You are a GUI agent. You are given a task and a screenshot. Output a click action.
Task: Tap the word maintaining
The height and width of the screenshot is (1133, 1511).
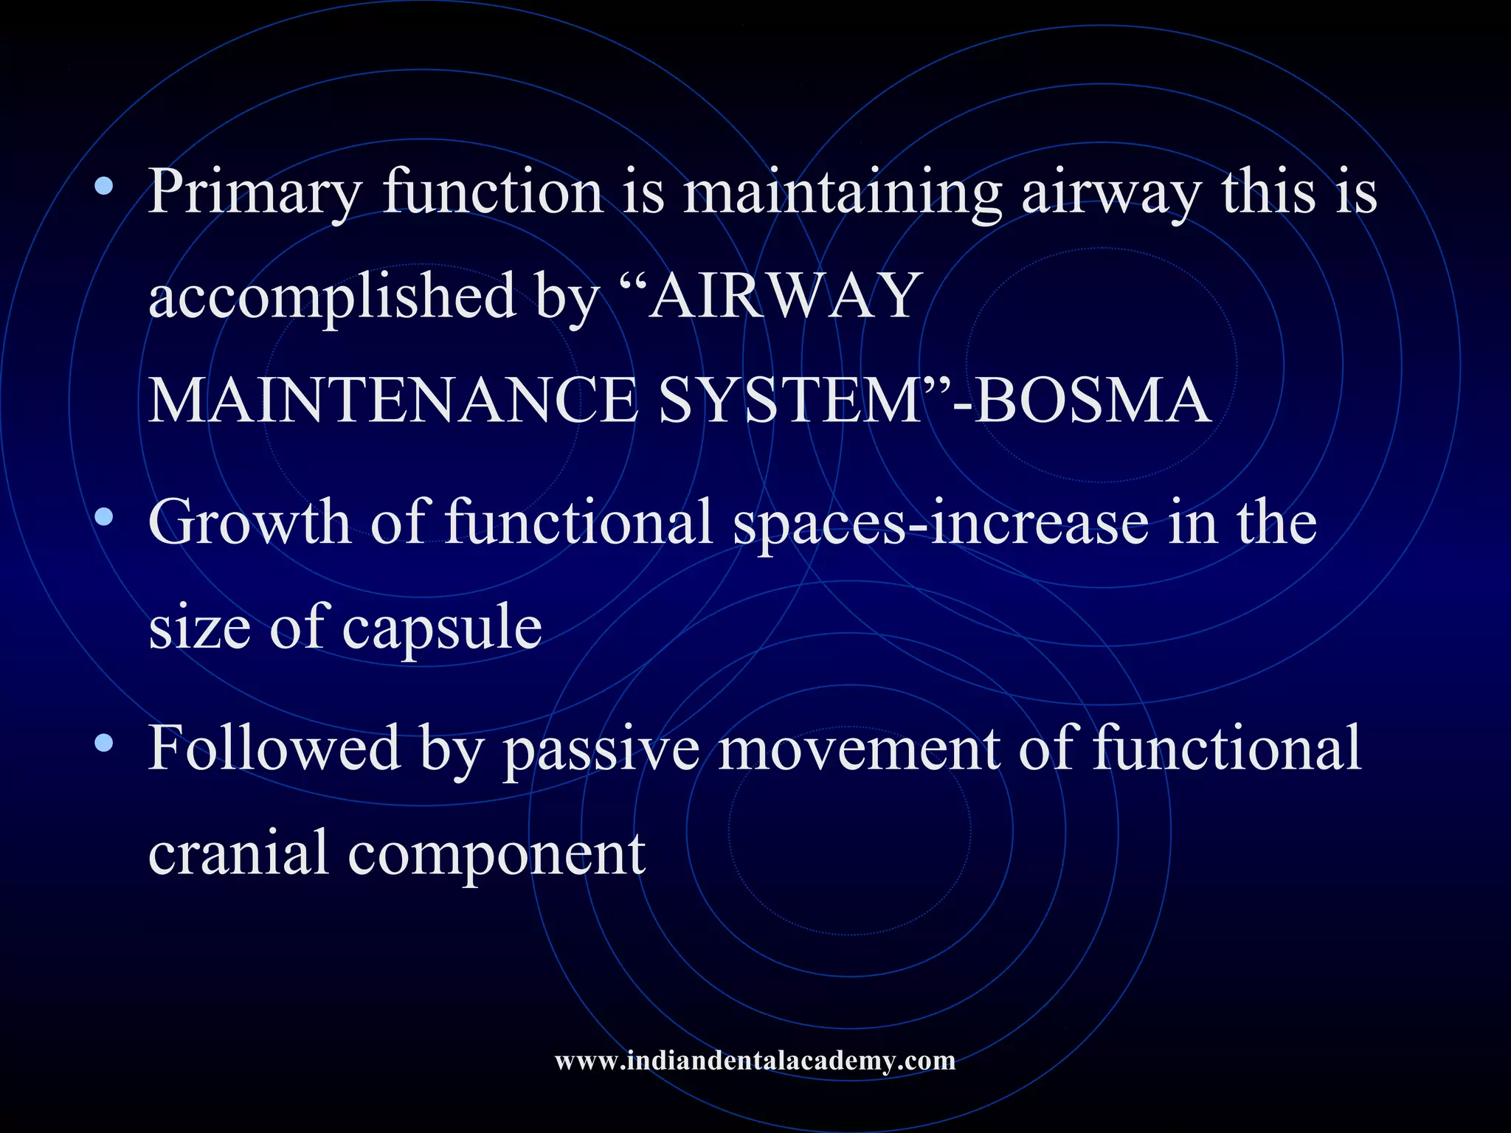(842, 193)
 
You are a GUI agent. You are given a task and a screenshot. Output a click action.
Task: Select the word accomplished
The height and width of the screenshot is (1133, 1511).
(332, 297)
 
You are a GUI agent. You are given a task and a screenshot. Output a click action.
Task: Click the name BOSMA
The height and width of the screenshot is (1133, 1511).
(1092, 401)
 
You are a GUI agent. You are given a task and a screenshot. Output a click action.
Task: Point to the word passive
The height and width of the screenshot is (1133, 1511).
(601, 748)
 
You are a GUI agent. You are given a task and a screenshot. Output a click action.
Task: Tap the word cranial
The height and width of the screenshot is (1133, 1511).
(238, 853)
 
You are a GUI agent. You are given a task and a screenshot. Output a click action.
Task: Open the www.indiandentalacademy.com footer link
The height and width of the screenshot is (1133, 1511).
(755, 1061)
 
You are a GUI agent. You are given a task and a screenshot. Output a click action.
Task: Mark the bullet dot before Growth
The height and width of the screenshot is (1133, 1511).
(104, 517)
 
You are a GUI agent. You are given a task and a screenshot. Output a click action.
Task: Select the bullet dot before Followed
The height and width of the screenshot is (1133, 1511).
(104, 742)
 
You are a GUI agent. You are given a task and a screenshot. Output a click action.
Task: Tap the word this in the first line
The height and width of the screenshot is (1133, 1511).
(1269, 193)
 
